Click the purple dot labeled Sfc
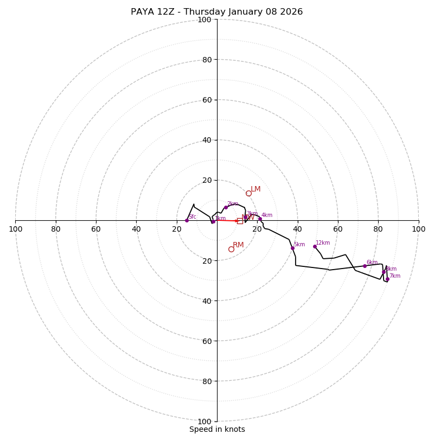coord(187,220)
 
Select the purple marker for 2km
coord(226,207)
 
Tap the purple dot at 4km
coord(260,219)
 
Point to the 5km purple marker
coord(292,248)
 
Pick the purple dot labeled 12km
coord(315,246)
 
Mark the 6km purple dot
coord(365,266)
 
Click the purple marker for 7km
coord(387,279)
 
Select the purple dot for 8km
coord(384,272)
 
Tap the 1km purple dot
coord(213,221)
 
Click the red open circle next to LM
coord(248,193)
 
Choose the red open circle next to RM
coord(231,249)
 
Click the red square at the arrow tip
coord(240,221)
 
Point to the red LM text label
coord(256,189)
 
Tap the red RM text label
coord(238,245)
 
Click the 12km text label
coord(323,243)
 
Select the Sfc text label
coord(192,217)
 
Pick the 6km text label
coord(372,263)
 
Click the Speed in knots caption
coord(217,429)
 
